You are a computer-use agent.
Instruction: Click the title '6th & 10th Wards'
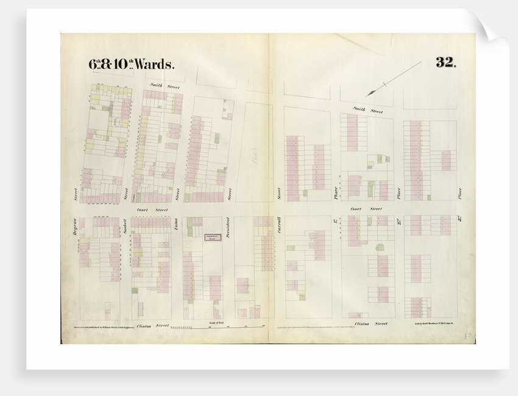[x=132, y=63]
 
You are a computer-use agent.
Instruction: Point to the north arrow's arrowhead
[x=369, y=94]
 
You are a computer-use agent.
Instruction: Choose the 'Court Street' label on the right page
[x=366, y=208]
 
